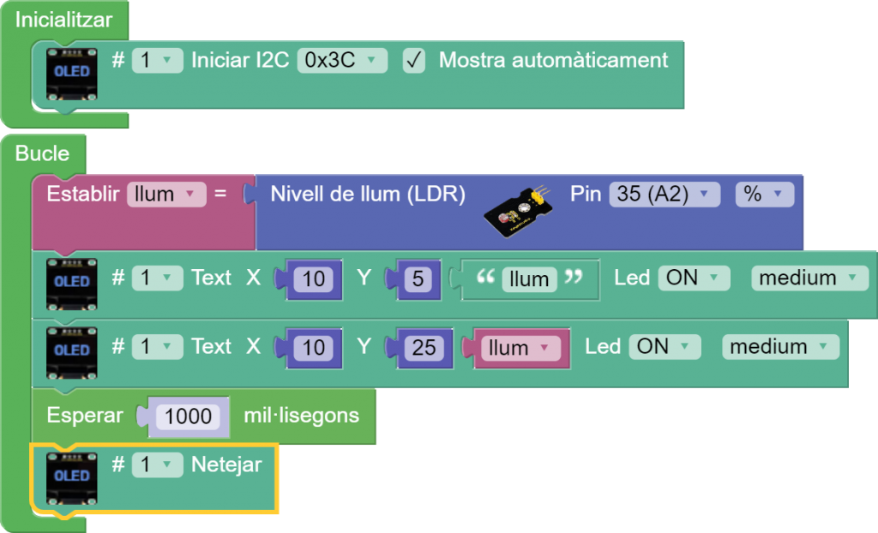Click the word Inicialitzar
(x=63, y=19)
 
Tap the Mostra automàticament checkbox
(x=414, y=61)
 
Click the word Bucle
(x=42, y=153)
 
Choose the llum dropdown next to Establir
(x=165, y=195)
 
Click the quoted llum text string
(x=529, y=279)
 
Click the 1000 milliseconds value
(x=188, y=416)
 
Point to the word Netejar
(x=226, y=464)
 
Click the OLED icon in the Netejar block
(x=72, y=475)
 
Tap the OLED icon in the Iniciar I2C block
(x=72, y=72)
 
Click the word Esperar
(x=85, y=416)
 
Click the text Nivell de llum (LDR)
(x=368, y=195)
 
